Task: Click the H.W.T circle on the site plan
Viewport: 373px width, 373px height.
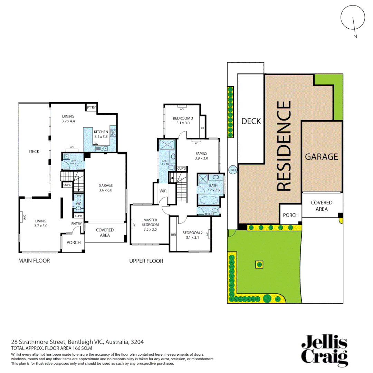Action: tap(232, 170)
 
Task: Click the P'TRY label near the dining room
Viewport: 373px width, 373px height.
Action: tap(91, 108)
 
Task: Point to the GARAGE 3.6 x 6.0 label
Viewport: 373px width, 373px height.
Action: tap(106, 188)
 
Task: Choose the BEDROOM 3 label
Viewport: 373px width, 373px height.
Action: tap(183, 121)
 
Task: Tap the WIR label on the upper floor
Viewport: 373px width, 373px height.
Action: tap(163, 191)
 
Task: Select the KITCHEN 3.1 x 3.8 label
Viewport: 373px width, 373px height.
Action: tap(101, 134)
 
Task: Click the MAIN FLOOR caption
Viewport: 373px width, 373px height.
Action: tap(34, 261)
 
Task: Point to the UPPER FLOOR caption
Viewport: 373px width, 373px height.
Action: tap(146, 261)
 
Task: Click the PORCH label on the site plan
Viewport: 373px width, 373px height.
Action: tap(290, 215)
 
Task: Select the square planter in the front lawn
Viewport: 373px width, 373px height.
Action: tap(259, 265)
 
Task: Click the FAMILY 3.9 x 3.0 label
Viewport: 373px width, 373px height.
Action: tap(201, 156)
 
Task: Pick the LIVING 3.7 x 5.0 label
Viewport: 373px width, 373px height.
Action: tap(40, 223)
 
